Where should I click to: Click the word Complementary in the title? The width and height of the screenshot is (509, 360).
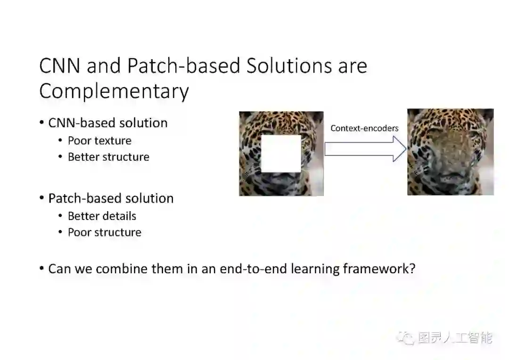(114, 91)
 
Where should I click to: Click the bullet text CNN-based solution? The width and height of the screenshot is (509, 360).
(108, 123)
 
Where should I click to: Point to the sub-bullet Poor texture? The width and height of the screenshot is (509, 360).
(99, 140)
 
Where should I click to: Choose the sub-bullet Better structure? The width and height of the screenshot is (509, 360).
(108, 157)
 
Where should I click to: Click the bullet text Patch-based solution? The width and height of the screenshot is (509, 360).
(111, 198)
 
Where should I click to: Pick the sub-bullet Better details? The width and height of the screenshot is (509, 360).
(102, 216)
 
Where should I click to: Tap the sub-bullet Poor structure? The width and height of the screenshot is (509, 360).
(104, 232)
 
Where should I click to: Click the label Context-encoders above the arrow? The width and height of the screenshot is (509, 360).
(364, 128)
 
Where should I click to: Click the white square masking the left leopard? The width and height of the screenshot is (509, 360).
(281, 154)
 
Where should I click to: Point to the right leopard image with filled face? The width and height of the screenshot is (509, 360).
(450, 152)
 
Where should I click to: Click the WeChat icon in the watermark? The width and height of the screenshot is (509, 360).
(404, 338)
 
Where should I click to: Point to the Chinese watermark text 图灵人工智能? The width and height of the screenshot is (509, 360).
(455, 338)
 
